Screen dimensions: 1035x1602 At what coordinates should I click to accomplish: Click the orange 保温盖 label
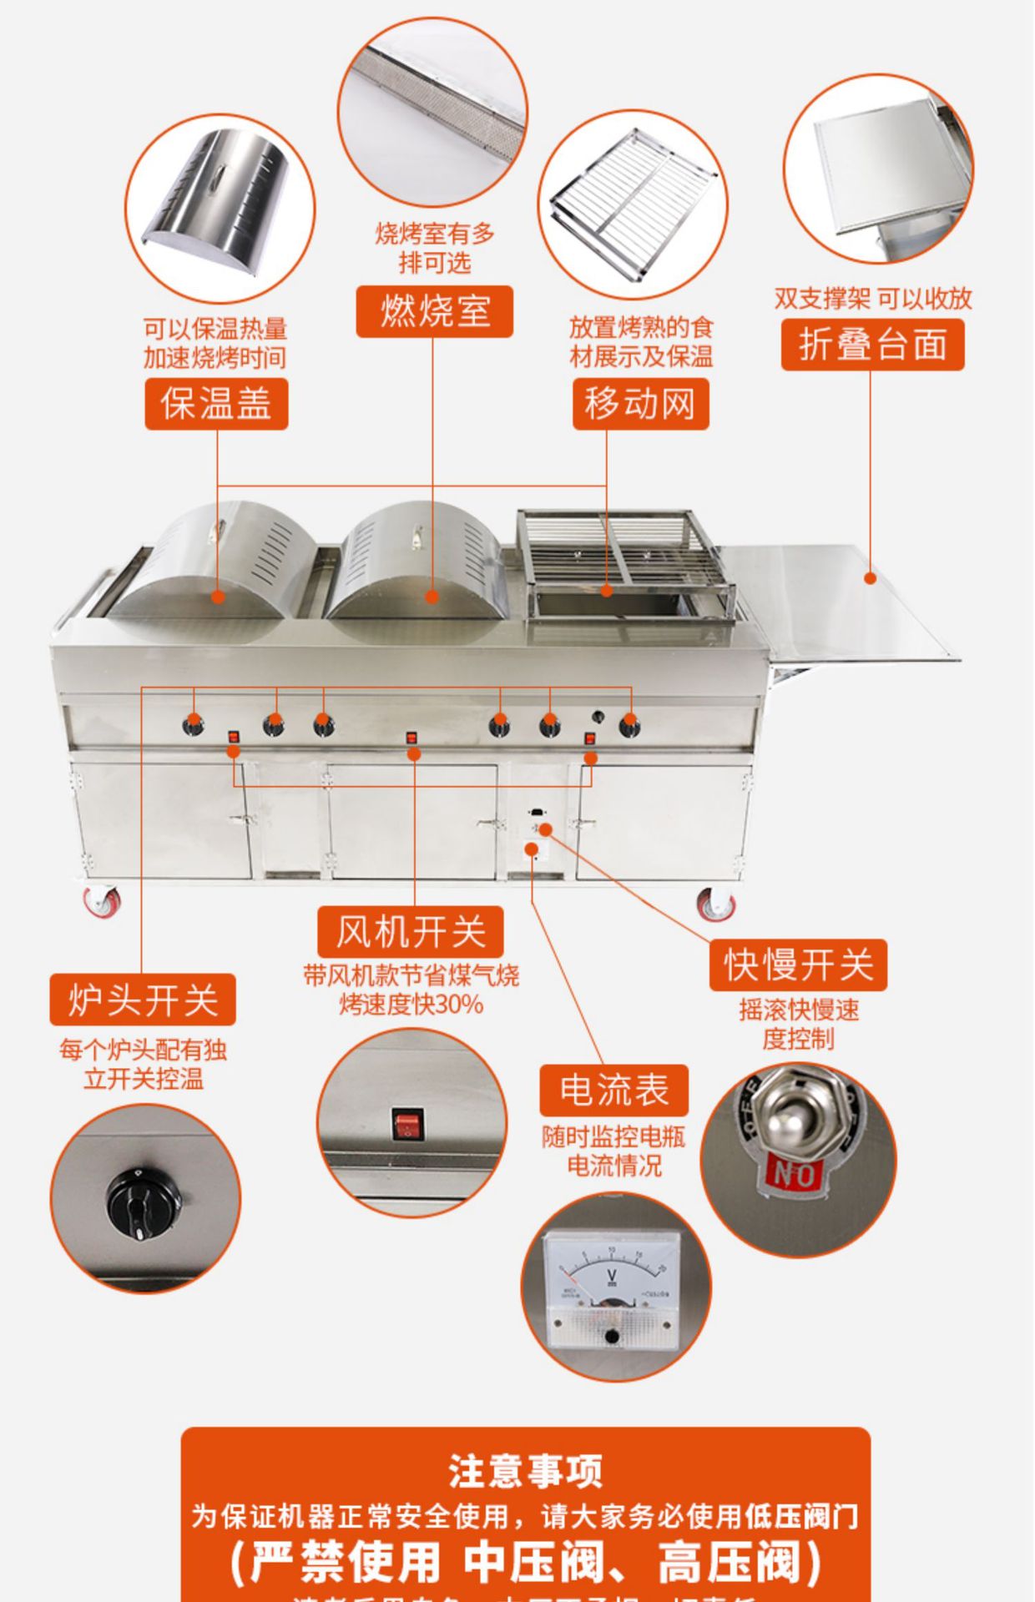216,404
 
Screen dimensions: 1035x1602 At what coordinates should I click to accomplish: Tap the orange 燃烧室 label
434,312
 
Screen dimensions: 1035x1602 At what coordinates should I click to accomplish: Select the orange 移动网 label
640,404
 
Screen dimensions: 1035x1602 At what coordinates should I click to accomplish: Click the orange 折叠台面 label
872,344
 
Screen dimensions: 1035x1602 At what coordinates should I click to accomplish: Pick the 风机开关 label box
410,931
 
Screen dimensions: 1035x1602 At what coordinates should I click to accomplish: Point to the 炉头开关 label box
143,1000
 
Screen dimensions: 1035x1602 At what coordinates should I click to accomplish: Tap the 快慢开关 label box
798,965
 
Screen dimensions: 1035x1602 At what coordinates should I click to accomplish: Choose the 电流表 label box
613,1090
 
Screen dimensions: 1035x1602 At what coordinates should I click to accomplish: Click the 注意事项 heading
525,1471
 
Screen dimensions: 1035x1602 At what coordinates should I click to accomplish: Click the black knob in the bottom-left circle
143,1202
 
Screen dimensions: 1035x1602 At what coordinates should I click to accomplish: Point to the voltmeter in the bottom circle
612,1286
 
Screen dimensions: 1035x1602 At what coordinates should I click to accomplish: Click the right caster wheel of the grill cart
716,904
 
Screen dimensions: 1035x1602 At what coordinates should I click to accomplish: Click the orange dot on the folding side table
870,577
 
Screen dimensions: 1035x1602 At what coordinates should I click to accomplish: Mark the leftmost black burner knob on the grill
194,724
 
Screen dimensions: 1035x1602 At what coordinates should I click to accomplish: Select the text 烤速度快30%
411,1005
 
